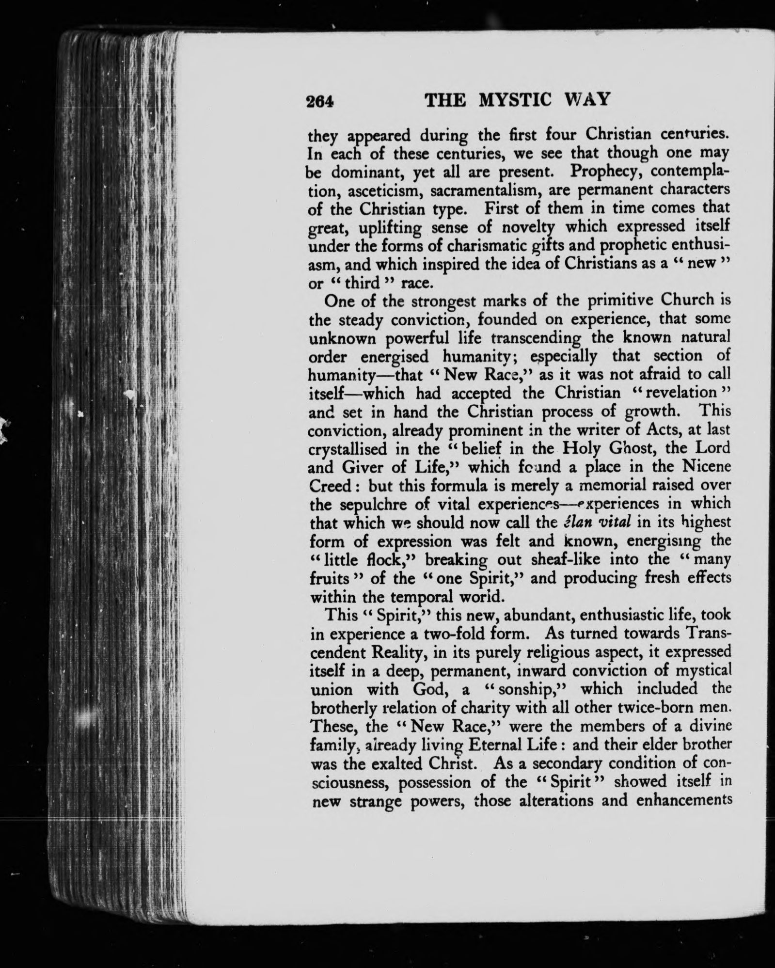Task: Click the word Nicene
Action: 704,467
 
